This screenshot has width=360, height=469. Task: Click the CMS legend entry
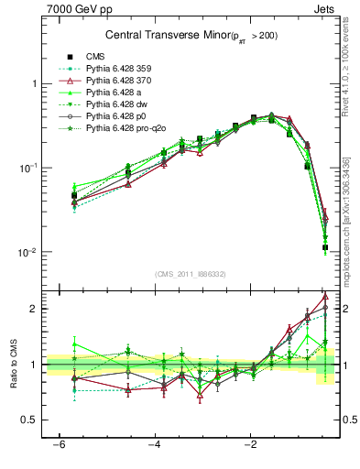(x=96, y=56)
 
